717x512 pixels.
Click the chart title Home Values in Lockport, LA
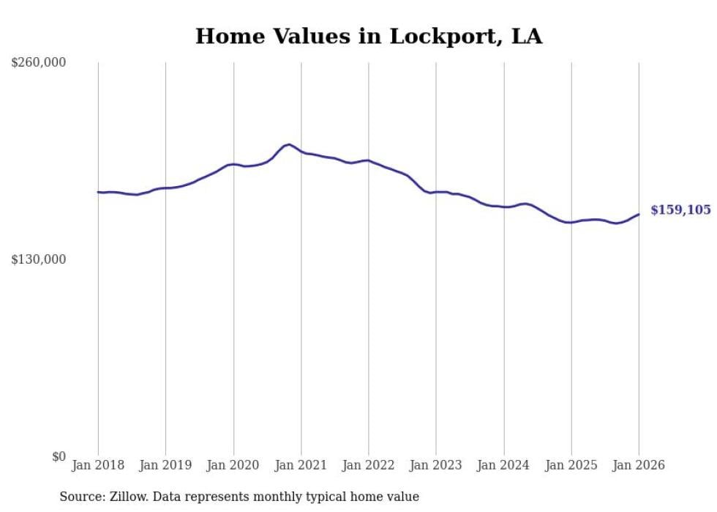pyautogui.click(x=369, y=37)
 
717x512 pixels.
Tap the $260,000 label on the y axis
pyautogui.click(x=39, y=63)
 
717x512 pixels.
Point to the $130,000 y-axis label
pyautogui.click(x=39, y=259)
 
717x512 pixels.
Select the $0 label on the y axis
pyautogui.click(x=59, y=456)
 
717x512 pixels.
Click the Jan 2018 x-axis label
pyautogui.click(x=98, y=465)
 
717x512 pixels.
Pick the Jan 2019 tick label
pyautogui.click(x=165, y=465)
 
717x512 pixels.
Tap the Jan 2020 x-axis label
pyautogui.click(x=233, y=465)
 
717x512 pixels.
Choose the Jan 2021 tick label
pyautogui.click(x=301, y=465)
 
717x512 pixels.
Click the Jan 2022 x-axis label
pyautogui.click(x=369, y=465)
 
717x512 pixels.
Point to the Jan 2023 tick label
pyautogui.click(x=436, y=465)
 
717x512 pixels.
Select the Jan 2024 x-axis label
pyautogui.click(x=503, y=465)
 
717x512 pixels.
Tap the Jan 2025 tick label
pyautogui.click(x=571, y=465)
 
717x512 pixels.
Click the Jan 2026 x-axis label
pyautogui.click(x=639, y=465)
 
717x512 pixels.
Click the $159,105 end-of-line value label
pyautogui.click(x=680, y=210)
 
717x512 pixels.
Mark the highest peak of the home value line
pyautogui.click(x=289, y=144)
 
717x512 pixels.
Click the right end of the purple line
pyautogui.click(x=639, y=214)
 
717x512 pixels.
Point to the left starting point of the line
pyautogui.click(x=98, y=192)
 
